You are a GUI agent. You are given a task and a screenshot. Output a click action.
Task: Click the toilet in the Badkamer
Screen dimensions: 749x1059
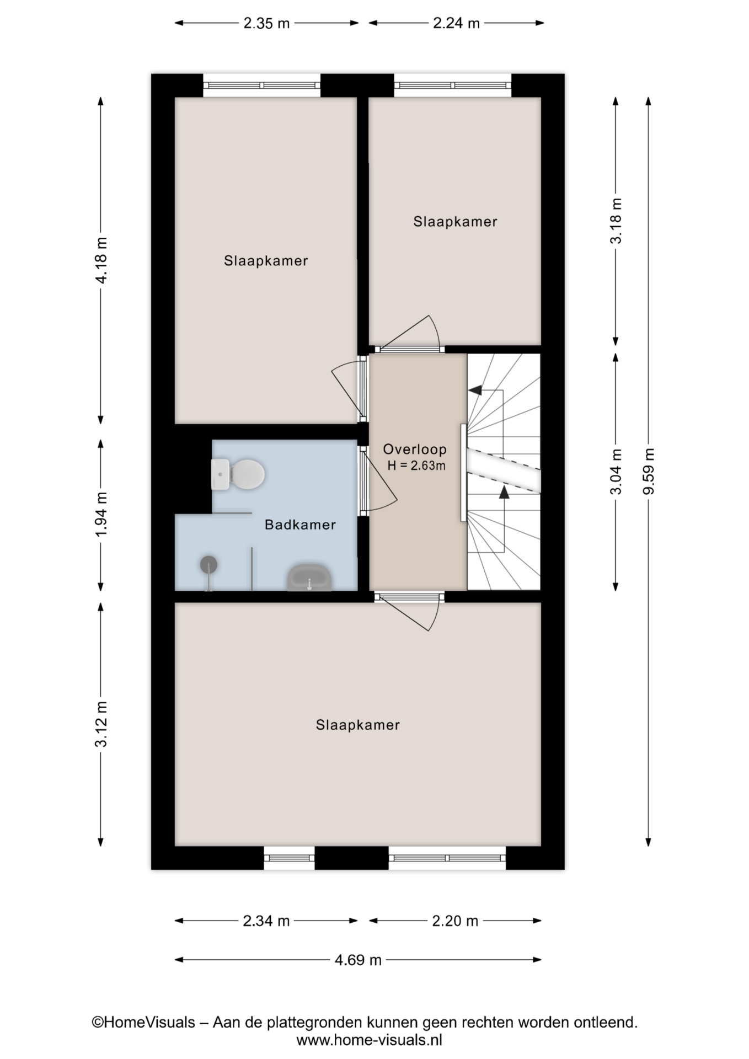pyautogui.click(x=238, y=474)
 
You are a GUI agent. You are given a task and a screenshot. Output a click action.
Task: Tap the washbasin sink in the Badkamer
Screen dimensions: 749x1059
pyautogui.click(x=309, y=577)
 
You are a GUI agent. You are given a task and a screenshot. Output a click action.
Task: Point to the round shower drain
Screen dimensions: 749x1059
pyautogui.click(x=208, y=564)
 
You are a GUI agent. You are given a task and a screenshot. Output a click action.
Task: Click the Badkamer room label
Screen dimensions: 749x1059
pyautogui.click(x=300, y=525)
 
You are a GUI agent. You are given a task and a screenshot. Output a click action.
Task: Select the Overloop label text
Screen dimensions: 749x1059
pyautogui.click(x=415, y=449)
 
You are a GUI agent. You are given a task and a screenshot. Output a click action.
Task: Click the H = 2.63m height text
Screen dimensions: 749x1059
pyautogui.click(x=416, y=466)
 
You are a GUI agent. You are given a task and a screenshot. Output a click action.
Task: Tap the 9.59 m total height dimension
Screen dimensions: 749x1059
pyautogui.click(x=649, y=472)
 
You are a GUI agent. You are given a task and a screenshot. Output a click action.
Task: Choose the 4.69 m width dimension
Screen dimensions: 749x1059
pyautogui.click(x=358, y=960)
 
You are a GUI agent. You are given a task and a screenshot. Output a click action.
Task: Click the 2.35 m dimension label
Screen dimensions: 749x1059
pyautogui.click(x=266, y=23)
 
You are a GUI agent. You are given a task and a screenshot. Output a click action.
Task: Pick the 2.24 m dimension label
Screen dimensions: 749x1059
pyautogui.click(x=456, y=23)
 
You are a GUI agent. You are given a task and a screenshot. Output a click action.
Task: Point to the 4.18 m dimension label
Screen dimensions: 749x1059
pyautogui.click(x=101, y=260)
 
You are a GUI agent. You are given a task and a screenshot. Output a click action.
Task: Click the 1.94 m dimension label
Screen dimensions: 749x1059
pyautogui.click(x=101, y=515)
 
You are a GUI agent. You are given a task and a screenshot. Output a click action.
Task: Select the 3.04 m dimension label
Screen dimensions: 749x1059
pyautogui.click(x=616, y=472)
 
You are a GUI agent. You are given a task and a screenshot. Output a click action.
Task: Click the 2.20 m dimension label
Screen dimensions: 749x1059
pyautogui.click(x=455, y=921)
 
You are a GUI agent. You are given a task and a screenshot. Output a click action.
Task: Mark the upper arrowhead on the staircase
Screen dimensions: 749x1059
pyautogui.click(x=475, y=390)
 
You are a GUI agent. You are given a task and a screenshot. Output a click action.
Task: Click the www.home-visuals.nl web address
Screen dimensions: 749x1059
pyautogui.click(x=370, y=1041)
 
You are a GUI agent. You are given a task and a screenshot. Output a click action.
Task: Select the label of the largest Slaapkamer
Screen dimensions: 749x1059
pyautogui.click(x=357, y=725)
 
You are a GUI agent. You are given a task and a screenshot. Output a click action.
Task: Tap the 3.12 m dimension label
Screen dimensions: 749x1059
pyautogui.click(x=101, y=724)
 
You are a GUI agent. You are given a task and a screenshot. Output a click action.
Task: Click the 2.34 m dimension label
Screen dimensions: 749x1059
pyautogui.click(x=266, y=921)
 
